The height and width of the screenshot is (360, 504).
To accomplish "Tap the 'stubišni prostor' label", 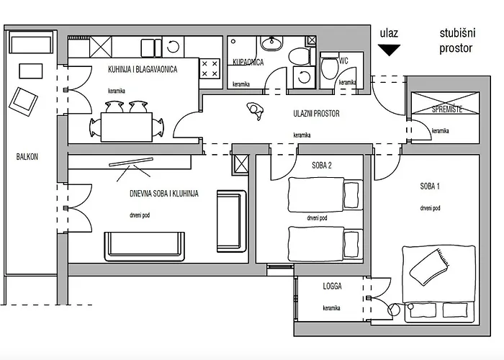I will tap(456, 41).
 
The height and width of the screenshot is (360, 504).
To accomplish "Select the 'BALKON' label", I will tap(27, 156).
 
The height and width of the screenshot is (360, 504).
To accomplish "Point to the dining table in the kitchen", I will tap(127, 127).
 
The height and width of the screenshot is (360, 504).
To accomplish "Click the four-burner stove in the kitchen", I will tap(210, 68).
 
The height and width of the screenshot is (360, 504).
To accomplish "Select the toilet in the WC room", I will tap(329, 68).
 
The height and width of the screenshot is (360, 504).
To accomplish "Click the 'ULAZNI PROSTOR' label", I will tap(316, 113).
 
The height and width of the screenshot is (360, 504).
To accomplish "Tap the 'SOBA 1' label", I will tap(430, 186).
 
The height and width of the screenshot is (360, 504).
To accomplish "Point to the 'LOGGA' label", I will tap(332, 286).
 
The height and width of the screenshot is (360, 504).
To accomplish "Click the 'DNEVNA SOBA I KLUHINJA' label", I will tap(163, 194).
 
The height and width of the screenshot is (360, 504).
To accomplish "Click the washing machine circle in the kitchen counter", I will tap(174, 47).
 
